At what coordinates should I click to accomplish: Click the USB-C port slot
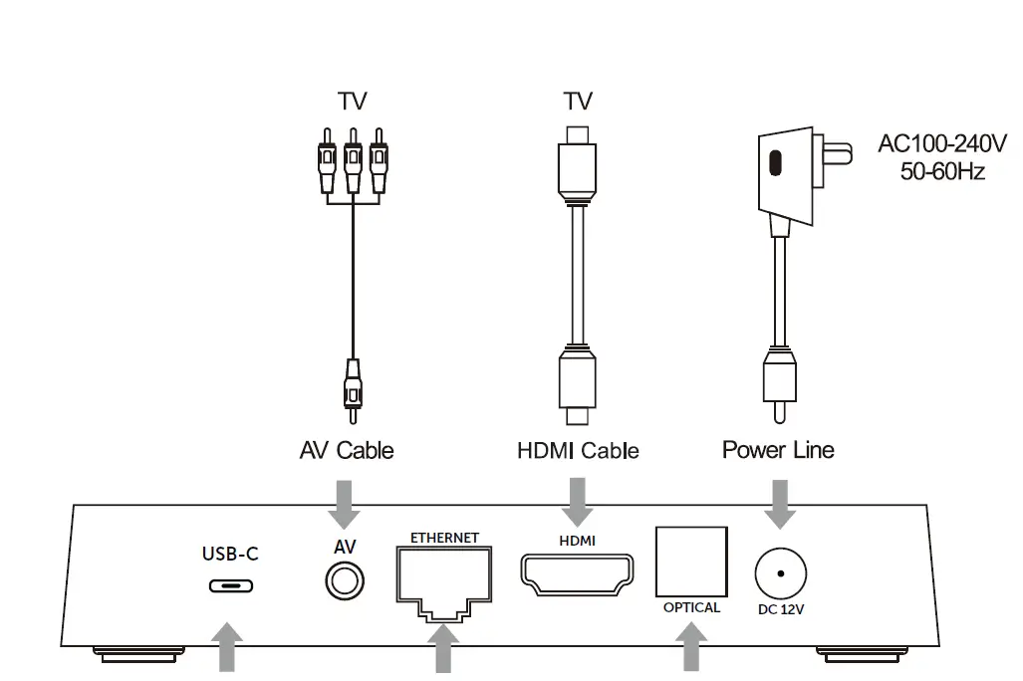click(230, 584)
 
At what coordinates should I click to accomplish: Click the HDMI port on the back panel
click(577, 574)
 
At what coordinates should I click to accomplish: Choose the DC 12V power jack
click(781, 574)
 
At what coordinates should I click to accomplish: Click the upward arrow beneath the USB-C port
click(228, 648)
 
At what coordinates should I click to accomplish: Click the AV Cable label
click(347, 451)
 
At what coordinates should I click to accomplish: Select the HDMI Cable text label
click(578, 451)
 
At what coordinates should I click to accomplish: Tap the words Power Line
click(778, 450)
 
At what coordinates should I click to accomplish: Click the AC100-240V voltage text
click(942, 144)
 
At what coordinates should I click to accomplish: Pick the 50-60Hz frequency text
click(942, 171)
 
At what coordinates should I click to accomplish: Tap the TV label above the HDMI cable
click(578, 102)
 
